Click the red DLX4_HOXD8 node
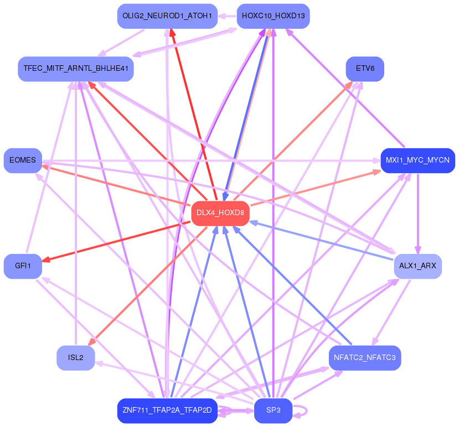coord(220,213)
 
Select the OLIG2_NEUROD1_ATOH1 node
coord(167,16)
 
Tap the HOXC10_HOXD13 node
coord(273,16)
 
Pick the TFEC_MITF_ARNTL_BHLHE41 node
coord(76,69)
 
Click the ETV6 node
coord(365,69)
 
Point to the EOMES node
coord(23,160)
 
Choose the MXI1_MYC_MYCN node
coord(417,160)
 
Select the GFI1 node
coord(23,266)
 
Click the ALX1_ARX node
coord(417,266)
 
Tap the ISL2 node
coord(76,358)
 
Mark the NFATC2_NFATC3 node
coord(365,358)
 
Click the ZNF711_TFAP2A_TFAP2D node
coord(167,410)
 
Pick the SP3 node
coord(273,410)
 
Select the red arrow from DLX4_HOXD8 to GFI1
coord(116,241)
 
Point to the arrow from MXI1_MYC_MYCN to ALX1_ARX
coord(417,214)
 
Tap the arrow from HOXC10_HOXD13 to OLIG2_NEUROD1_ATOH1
coord(227,16)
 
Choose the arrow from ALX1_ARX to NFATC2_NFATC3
coord(391,313)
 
